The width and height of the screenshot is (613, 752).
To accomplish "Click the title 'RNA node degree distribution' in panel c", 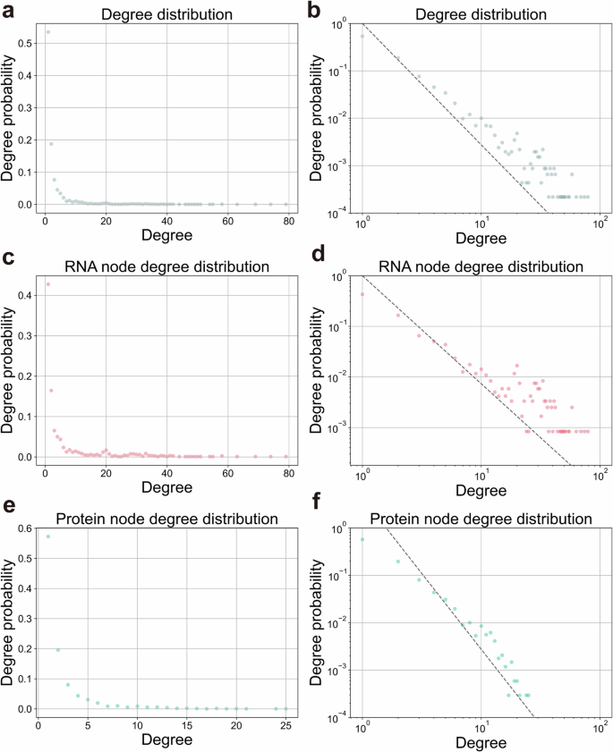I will click(x=166, y=266).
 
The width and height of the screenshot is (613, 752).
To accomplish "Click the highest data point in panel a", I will click(x=47, y=32).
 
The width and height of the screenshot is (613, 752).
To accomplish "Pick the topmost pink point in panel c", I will click(x=47, y=284).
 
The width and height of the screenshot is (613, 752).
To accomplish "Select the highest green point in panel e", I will click(x=47, y=537).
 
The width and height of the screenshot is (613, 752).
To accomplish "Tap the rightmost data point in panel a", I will click(x=286, y=204).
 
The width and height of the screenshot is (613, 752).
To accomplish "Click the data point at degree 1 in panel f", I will click(x=362, y=539).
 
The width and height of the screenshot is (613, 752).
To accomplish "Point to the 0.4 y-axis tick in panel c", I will click(x=24, y=295).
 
